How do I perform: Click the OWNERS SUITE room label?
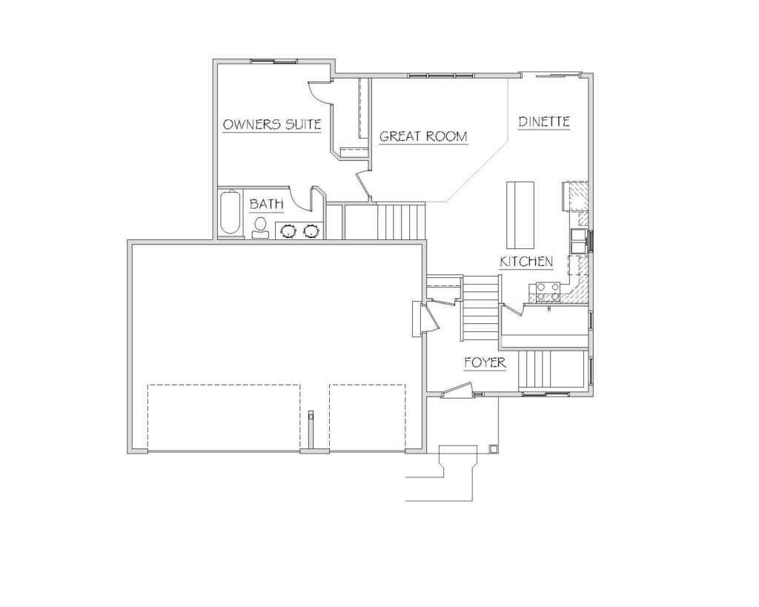(x=271, y=125)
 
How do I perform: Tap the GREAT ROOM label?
(x=423, y=136)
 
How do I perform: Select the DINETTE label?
(x=543, y=122)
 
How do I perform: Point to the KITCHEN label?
(x=526, y=262)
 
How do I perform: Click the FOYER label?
(x=485, y=362)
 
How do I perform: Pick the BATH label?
(x=266, y=205)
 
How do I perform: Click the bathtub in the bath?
(x=231, y=213)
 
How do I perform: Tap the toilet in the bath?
(x=260, y=228)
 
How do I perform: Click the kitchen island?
(x=520, y=214)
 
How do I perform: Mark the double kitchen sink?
(x=578, y=241)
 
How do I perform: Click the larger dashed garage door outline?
(x=224, y=417)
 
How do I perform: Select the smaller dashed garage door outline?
(x=368, y=417)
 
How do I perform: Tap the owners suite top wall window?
(x=274, y=62)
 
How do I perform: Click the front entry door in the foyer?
(x=457, y=388)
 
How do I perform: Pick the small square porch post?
(x=493, y=448)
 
